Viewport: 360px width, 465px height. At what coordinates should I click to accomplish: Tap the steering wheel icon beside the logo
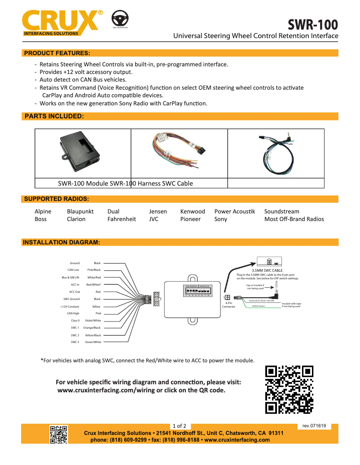(x=119, y=20)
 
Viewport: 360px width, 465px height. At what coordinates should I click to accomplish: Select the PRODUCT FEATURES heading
(x=57, y=53)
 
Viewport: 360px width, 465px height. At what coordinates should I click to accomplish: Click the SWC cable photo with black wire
(x=276, y=152)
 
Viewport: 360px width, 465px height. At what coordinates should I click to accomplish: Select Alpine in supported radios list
(x=43, y=211)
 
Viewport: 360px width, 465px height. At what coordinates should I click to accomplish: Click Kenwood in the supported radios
(x=193, y=211)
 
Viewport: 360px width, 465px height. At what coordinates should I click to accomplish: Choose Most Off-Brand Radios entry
(x=294, y=219)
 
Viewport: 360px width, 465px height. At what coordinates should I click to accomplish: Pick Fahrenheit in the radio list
(x=122, y=219)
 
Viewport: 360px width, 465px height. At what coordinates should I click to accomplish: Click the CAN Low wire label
(x=73, y=270)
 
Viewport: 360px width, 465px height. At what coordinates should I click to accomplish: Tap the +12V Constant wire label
(x=70, y=306)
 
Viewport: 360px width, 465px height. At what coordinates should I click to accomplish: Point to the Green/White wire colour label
(x=93, y=342)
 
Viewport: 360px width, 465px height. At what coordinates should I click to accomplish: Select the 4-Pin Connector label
(x=228, y=305)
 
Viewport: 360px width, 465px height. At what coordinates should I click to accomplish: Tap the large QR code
(x=289, y=389)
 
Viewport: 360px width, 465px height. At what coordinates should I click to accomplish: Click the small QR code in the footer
(x=58, y=434)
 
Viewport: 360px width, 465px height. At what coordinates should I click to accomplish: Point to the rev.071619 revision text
(x=314, y=426)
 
